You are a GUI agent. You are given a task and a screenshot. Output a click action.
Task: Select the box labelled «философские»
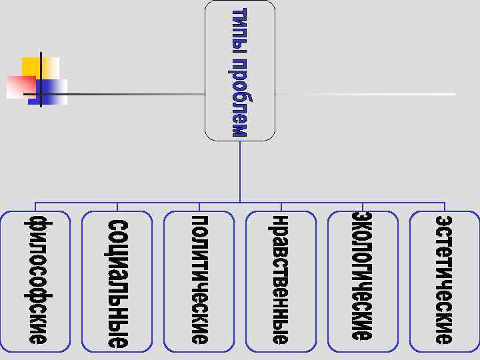click(35, 281)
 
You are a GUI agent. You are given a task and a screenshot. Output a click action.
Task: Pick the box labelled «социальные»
click(117, 281)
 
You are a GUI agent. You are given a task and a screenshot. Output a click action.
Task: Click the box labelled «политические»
click(199, 281)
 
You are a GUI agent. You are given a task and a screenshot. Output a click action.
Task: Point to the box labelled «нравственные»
click(281, 281)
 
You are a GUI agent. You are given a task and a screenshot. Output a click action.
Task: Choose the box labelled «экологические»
click(363, 281)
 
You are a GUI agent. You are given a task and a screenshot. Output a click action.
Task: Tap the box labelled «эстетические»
click(444, 281)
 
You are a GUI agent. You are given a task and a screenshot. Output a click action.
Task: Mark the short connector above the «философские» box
click(35, 207)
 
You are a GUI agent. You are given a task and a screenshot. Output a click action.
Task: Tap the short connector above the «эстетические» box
click(445, 207)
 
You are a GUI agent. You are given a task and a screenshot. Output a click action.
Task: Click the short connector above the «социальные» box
click(117, 207)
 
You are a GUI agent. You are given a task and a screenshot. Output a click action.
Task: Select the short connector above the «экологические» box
click(363, 207)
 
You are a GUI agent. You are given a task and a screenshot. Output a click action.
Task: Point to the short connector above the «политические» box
click(199, 207)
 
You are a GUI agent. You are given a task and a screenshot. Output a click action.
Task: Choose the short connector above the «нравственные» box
click(281, 207)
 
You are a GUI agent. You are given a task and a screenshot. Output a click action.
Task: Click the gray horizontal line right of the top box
click(367, 94)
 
